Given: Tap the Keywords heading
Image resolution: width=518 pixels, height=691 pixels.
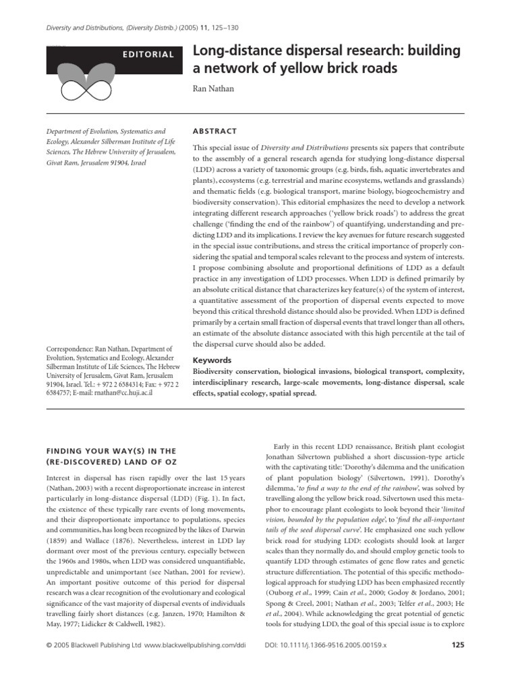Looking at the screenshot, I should click(212, 360).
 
